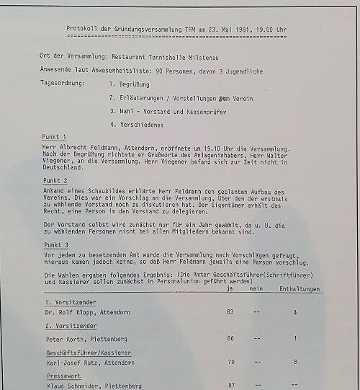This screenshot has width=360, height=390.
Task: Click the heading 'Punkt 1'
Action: point(55,136)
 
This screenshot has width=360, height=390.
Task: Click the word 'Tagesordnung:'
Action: point(64,84)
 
